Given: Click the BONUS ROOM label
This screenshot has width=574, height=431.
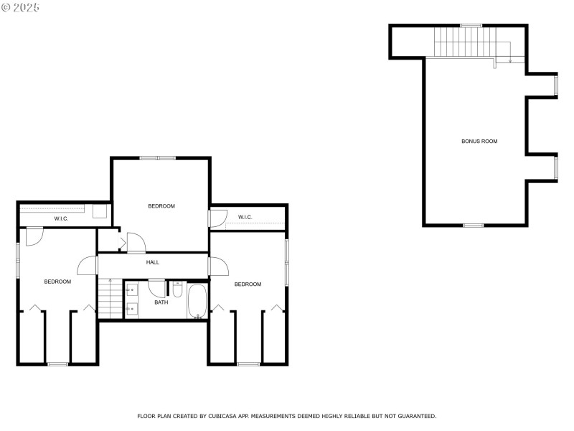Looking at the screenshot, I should (x=479, y=142).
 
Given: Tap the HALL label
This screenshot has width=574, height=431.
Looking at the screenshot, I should (x=153, y=262).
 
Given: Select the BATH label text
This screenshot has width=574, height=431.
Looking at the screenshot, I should (x=161, y=302).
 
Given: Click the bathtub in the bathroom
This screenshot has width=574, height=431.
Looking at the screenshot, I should (x=197, y=302).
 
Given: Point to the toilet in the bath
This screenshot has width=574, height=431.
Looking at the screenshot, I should (x=178, y=289).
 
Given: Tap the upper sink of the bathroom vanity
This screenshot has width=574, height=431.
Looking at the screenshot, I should (x=133, y=291).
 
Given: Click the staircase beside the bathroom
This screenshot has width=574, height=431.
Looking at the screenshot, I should (x=110, y=299).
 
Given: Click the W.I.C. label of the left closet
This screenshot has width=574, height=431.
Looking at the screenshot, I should (x=62, y=218).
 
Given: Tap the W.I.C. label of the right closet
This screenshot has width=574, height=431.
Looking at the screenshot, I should (x=245, y=217).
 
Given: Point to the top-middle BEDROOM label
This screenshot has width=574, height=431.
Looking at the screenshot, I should (x=161, y=206).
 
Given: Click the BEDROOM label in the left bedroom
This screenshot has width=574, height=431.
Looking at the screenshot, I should (x=57, y=282).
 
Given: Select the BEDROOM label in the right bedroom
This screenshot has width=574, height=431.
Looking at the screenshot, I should (x=248, y=284).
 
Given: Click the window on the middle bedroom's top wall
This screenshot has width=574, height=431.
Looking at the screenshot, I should (x=157, y=158).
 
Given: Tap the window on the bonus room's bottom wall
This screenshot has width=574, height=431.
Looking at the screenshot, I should (x=473, y=226).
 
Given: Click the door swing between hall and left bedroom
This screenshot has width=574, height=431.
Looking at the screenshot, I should (x=88, y=265).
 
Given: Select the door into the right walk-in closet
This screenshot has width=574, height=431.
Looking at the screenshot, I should (x=218, y=218).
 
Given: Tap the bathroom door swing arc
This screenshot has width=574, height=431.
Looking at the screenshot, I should (x=157, y=287).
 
